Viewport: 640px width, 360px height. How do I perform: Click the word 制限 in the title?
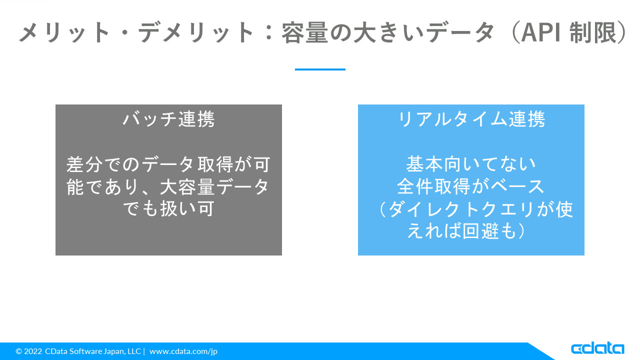coord(592,33)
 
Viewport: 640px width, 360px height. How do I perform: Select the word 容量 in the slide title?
coord(304,33)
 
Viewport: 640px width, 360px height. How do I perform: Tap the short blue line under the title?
coord(320,69)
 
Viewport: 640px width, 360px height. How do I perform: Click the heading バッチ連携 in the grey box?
coord(168,119)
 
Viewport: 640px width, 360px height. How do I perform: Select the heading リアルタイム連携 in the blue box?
coord(471,119)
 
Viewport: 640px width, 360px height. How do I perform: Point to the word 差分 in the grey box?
coord(84,164)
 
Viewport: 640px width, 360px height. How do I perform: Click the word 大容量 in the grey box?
coord(187,187)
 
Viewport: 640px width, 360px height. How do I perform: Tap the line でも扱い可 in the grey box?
coord(168,209)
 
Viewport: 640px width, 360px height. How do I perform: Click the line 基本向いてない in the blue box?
coord(471,164)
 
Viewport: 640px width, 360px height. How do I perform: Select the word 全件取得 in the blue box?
coord(433,187)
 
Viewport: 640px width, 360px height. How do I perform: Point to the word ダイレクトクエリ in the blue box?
coord(461,209)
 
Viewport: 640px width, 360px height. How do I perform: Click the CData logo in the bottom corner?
coord(597,348)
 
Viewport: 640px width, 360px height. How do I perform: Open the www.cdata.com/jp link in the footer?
coord(183,351)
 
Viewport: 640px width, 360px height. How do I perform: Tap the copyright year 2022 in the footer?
coord(33,351)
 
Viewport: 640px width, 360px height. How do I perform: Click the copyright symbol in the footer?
coord(19,351)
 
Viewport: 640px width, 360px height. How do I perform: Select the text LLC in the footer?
coord(134,351)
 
